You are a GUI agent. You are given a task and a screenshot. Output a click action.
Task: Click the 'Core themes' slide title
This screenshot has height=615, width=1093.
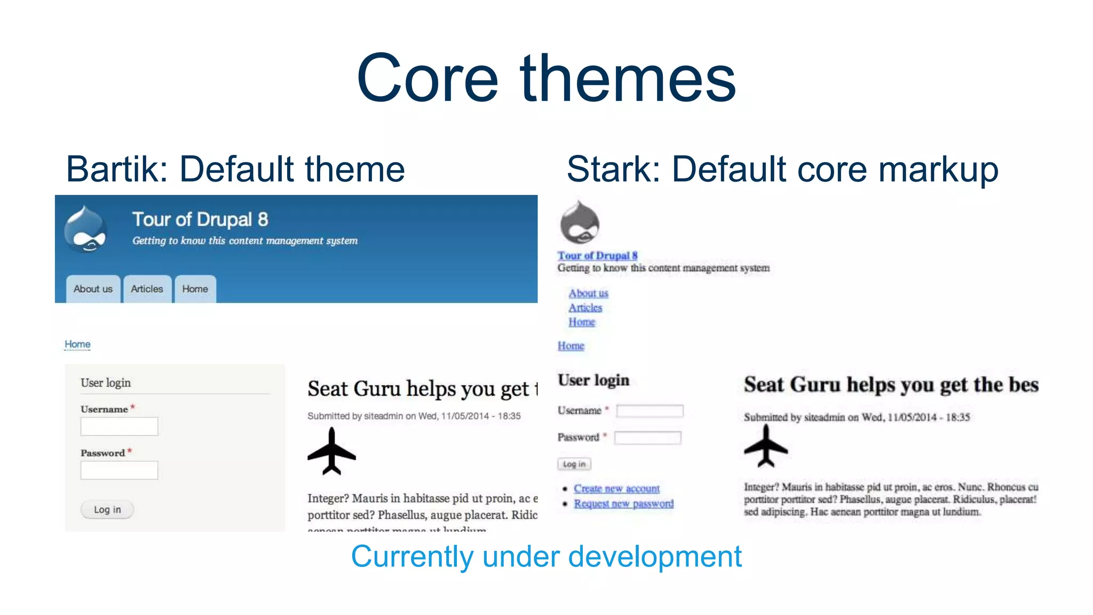tap(546, 78)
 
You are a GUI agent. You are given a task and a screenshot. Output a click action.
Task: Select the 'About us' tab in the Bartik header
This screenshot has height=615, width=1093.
tap(93, 289)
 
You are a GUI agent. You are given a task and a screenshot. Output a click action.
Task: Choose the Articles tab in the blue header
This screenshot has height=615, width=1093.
tap(147, 289)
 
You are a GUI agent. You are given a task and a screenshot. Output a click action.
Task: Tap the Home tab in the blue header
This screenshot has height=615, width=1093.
tap(195, 289)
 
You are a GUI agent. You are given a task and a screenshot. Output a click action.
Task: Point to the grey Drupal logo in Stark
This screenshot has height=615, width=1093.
tap(580, 223)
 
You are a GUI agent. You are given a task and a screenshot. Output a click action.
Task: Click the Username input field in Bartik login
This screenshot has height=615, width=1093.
tap(119, 427)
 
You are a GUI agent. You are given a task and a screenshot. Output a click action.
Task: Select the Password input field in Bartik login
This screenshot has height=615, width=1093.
tap(119, 470)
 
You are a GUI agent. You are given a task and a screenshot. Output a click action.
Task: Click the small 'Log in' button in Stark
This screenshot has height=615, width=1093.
tap(574, 464)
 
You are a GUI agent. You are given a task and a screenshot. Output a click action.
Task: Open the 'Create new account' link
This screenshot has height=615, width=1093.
tap(616, 488)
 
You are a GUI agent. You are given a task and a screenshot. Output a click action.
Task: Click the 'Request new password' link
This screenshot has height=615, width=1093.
tap(623, 503)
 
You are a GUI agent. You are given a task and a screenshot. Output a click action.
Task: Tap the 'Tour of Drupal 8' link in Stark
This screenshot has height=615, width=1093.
tap(597, 256)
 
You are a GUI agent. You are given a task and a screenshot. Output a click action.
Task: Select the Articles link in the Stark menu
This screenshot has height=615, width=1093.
tap(585, 307)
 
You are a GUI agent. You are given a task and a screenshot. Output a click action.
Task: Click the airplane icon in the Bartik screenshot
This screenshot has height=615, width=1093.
tap(331, 452)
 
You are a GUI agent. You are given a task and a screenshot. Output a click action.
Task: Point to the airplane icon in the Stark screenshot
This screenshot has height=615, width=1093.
tap(766, 446)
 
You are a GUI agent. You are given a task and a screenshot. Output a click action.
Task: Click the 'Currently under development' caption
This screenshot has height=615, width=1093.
tap(546, 557)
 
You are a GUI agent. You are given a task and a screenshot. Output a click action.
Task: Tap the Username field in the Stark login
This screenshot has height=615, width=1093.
tap(650, 411)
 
